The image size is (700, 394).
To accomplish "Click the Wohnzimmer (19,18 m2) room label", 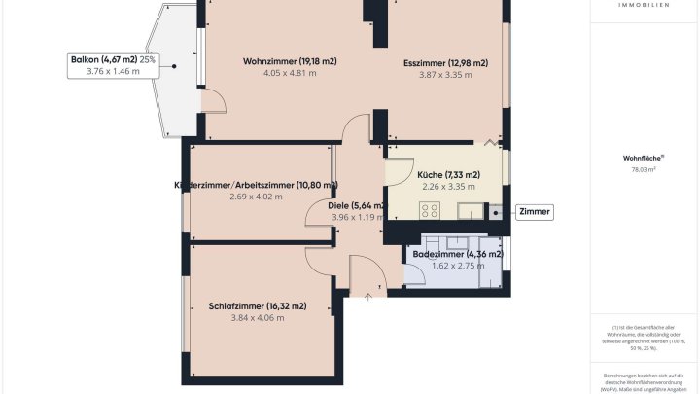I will coord(290,61).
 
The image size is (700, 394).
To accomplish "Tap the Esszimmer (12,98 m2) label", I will coord(445,63).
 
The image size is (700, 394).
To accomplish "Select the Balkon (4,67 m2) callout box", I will coord(113,65).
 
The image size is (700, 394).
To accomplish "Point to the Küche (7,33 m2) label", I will coord(447,174).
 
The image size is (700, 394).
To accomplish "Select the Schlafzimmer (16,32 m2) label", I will coord(258,305).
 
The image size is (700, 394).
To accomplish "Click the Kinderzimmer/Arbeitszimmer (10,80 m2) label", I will coord(256,185).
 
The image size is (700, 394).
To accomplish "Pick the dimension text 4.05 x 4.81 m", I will coord(290,74).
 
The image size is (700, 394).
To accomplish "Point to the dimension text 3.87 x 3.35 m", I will coord(445,76).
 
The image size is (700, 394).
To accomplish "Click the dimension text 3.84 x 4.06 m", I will coord(257,318).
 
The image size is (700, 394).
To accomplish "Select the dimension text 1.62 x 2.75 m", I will coord(457,266).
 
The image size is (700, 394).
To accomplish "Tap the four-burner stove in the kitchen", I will coord(430,209).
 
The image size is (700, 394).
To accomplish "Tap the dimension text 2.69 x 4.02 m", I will coord(256,197).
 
